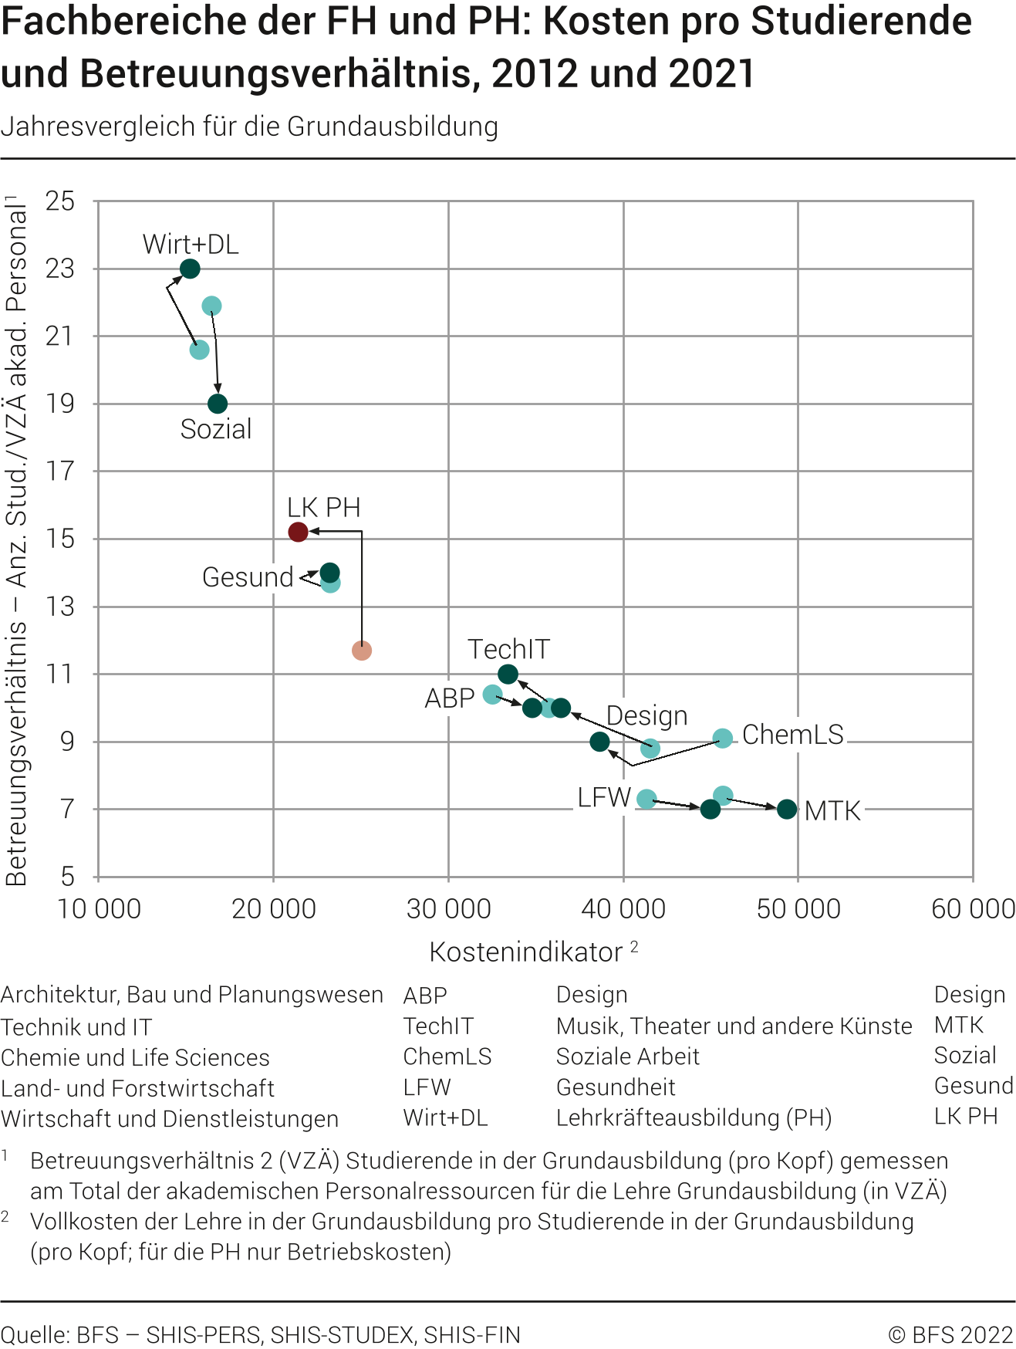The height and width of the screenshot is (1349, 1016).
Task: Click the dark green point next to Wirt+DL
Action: pyautogui.click(x=190, y=269)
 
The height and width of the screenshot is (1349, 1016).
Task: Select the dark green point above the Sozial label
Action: pyautogui.click(x=218, y=404)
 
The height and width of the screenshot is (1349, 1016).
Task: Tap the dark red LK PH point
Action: pyautogui.click(x=298, y=532)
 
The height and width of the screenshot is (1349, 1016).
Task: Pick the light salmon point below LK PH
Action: pyautogui.click(x=361, y=651)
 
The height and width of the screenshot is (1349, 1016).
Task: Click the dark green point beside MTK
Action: pyautogui.click(x=787, y=809)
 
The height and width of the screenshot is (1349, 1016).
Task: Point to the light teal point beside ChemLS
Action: pyautogui.click(x=722, y=739)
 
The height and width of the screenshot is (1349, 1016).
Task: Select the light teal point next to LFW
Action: pyautogui.click(x=646, y=800)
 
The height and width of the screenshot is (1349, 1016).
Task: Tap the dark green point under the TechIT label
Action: pyautogui.click(x=508, y=674)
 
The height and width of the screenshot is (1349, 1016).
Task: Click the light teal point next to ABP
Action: pyautogui.click(x=492, y=695)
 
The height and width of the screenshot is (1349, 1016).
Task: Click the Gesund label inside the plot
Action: pyautogui.click(x=248, y=577)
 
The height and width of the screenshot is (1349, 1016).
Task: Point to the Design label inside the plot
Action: pyautogui.click(x=646, y=715)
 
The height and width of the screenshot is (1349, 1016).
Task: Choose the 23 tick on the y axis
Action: pyautogui.click(x=60, y=269)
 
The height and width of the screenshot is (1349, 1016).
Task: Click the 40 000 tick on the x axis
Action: pyautogui.click(x=623, y=909)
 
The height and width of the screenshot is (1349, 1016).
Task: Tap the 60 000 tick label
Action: pyautogui.click(x=973, y=909)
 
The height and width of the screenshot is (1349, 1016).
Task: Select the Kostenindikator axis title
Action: pyautogui.click(x=526, y=952)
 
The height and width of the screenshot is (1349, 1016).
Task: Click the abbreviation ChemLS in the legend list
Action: pyautogui.click(x=447, y=1057)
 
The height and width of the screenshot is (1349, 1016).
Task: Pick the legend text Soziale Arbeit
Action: pyautogui.click(x=627, y=1057)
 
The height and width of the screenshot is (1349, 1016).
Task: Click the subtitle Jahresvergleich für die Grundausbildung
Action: pyautogui.click(x=249, y=127)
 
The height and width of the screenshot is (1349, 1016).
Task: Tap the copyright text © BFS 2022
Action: pyautogui.click(x=950, y=1335)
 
